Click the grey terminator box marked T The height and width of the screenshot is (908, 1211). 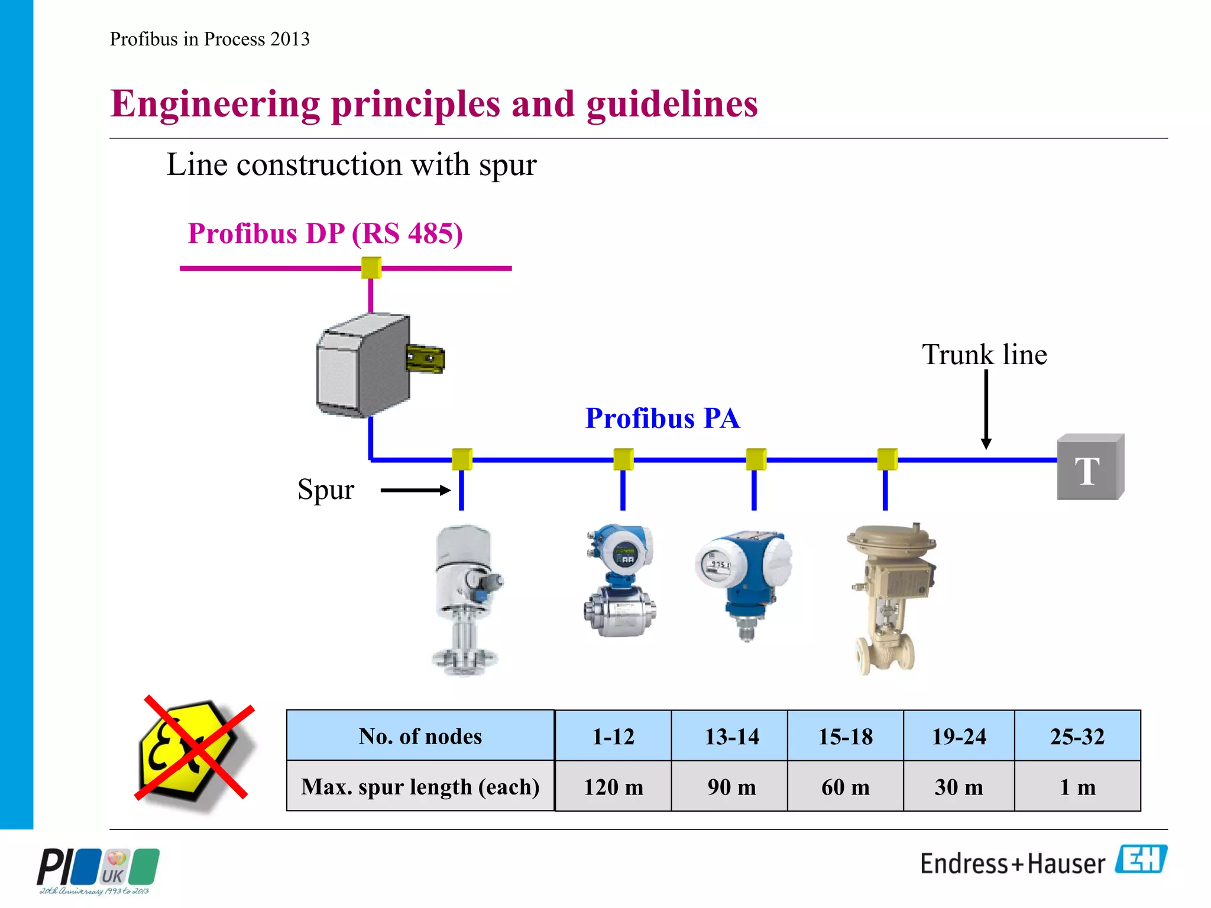[x=1090, y=468]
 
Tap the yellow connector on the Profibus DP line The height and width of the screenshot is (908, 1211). [x=371, y=267]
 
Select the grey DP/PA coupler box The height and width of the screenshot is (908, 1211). [x=364, y=366]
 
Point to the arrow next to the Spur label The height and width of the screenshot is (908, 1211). [x=415, y=490]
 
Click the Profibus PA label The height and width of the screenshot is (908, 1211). [x=662, y=419]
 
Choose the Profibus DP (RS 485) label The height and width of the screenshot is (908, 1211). [x=325, y=234]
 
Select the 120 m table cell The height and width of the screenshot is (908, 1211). [x=613, y=787]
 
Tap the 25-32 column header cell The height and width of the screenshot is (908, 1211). [x=1077, y=736]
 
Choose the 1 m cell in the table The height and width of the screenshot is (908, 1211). [x=1077, y=787]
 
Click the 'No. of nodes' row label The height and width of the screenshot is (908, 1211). [x=420, y=736]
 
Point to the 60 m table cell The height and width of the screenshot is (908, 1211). [x=845, y=787]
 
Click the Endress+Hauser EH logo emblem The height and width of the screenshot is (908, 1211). [x=1141, y=859]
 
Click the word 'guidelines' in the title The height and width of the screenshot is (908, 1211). [x=672, y=104]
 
